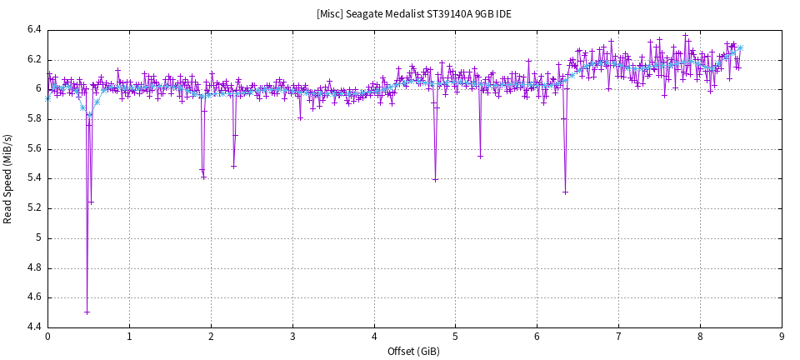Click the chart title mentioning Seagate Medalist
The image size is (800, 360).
point(413,14)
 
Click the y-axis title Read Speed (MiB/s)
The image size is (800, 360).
point(8,178)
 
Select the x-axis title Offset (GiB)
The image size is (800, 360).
point(413,351)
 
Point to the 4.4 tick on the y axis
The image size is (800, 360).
point(33,327)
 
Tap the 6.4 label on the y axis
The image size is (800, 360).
point(33,30)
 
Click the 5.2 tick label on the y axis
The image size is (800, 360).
point(33,208)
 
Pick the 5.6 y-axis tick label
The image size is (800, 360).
point(33,149)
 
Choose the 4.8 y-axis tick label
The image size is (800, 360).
point(33,267)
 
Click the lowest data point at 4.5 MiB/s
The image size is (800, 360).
point(87,312)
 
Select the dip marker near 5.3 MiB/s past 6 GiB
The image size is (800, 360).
point(565,192)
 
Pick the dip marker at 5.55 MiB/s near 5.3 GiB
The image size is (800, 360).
point(480,156)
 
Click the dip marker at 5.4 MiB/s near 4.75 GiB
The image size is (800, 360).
point(435,179)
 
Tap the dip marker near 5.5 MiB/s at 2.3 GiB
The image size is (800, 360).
point(233,166)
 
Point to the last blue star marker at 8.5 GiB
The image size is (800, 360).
point(740,47)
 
